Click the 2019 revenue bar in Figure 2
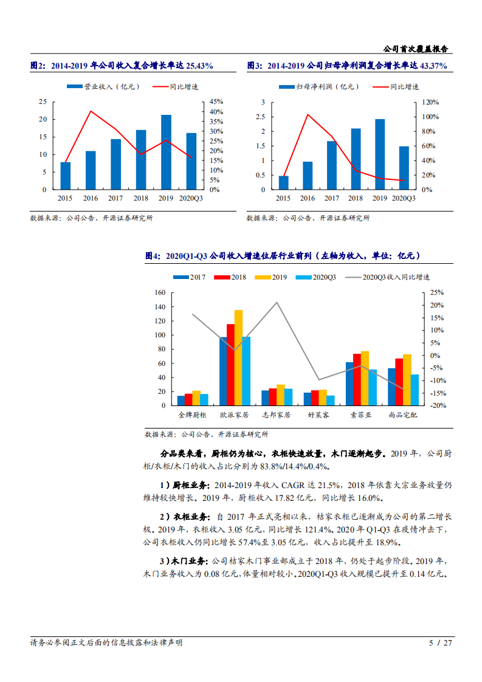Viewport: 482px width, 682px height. (x=166, y=152)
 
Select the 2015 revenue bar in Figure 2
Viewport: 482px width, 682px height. (x=65, y=176)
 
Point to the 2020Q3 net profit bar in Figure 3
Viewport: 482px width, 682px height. (x=404, y=168)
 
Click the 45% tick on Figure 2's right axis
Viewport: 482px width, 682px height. (x=216, y=102)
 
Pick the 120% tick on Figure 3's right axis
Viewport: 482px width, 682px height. (x=431, y=102)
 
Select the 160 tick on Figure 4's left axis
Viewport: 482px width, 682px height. (x=160, y=292)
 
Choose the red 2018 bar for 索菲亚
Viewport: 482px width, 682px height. (x=357, y=379)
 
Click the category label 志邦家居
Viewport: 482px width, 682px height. (x=277, y=415)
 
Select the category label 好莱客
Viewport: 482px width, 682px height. (x=318, y=415)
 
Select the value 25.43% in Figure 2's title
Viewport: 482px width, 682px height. (x=199, y=66)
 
